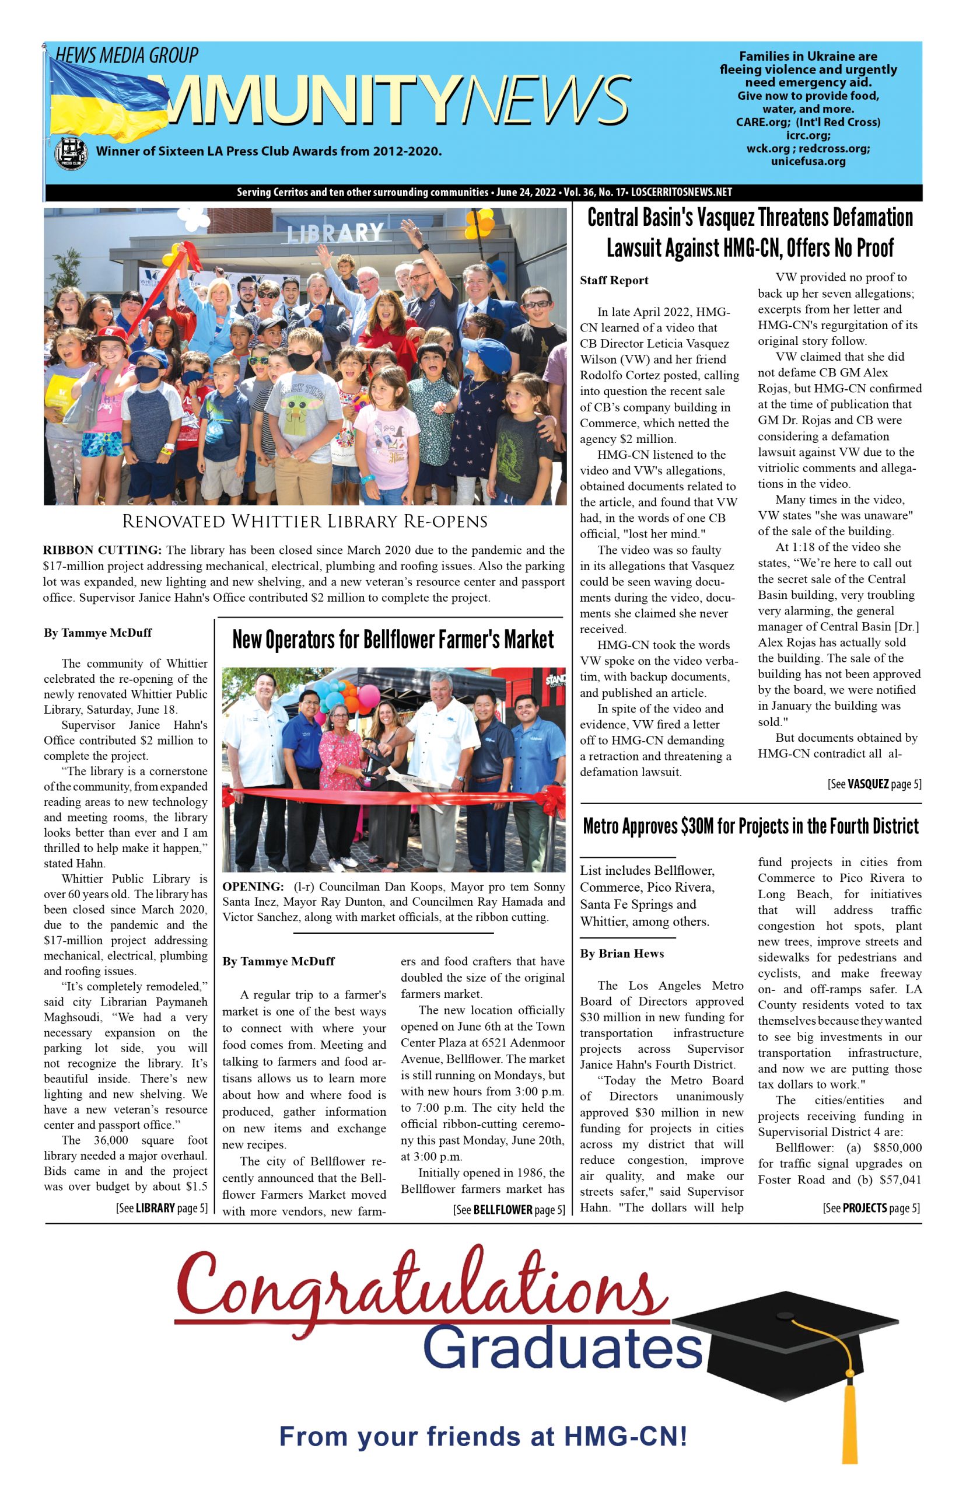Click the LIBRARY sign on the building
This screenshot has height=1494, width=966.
335,233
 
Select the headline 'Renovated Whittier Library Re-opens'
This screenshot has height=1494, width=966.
305,521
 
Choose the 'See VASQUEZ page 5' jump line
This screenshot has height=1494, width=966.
874,784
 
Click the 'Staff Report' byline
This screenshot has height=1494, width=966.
614,281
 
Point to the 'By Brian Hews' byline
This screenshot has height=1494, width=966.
622,953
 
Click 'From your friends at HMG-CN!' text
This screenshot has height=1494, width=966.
483,1436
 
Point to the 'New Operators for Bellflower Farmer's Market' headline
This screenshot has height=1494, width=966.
393,640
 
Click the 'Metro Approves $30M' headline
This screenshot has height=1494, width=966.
751,826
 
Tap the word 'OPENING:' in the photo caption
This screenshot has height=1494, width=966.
253,886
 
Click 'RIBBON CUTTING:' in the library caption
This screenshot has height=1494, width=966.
102,550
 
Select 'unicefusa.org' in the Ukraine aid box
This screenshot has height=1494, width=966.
808,161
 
